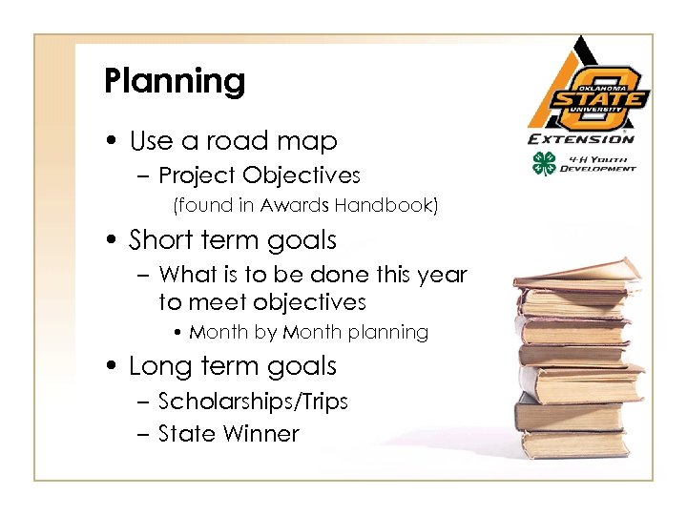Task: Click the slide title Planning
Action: pyautogui.click(x=175, y=82)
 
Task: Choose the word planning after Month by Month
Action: pyautogui.click(x=387, y=333)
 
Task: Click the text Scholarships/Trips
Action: pyautogui.click(x=253, y=402)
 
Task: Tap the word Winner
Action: pyautogui.click(x=261, y=434)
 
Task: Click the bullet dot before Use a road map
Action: pyautogui.click(x=113, y=142)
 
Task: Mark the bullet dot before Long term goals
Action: pyautogui.click(x=113, y=367)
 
